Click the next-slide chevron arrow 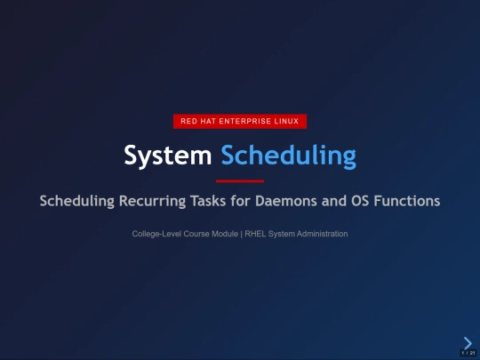click(x=468, y=342)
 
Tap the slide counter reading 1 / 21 click(x=467, y=353)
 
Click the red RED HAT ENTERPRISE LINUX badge click(x=239, y=121)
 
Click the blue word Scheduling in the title click(x=288, y=156)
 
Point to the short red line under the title click(x=240, y=180)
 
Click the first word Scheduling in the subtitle click(x=76, y=201)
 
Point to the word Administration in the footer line click(x=321, y=234)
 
